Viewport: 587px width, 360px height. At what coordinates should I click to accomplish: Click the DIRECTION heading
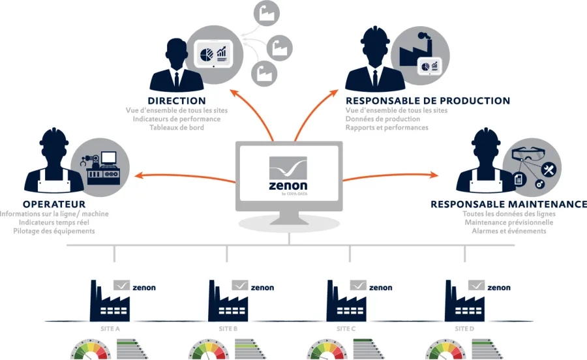click(177, 100)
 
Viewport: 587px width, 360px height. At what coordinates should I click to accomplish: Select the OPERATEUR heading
click(54, 204)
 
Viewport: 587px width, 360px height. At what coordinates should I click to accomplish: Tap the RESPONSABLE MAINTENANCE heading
click(509, 204)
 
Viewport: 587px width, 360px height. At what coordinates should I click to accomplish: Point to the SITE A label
click(110, 329)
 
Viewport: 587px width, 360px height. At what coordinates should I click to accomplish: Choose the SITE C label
click(346, 329)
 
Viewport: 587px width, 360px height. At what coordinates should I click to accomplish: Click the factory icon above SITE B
click(228, 301)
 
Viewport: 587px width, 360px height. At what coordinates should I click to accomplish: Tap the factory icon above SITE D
click(464, 301)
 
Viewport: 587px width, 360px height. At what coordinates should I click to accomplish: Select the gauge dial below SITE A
click(91, 350)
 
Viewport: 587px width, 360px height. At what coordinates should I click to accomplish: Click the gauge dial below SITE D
click(445, 350)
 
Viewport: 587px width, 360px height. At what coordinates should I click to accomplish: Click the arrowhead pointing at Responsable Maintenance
click(434, 175)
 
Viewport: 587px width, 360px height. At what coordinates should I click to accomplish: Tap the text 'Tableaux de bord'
click(177, 128)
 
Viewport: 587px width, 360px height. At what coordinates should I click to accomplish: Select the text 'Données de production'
click(383, 119)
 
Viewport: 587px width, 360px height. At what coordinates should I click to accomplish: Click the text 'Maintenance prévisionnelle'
click(509, 222)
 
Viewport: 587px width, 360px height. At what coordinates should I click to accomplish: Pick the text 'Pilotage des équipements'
click(54, 231)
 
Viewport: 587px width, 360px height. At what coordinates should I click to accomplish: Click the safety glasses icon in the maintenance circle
click(528, 153)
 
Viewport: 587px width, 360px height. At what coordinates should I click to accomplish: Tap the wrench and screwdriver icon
click(549, 170)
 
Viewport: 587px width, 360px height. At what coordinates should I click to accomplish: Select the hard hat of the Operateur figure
click(54, 136)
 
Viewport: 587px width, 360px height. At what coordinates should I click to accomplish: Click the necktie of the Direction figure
click(176, 80)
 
